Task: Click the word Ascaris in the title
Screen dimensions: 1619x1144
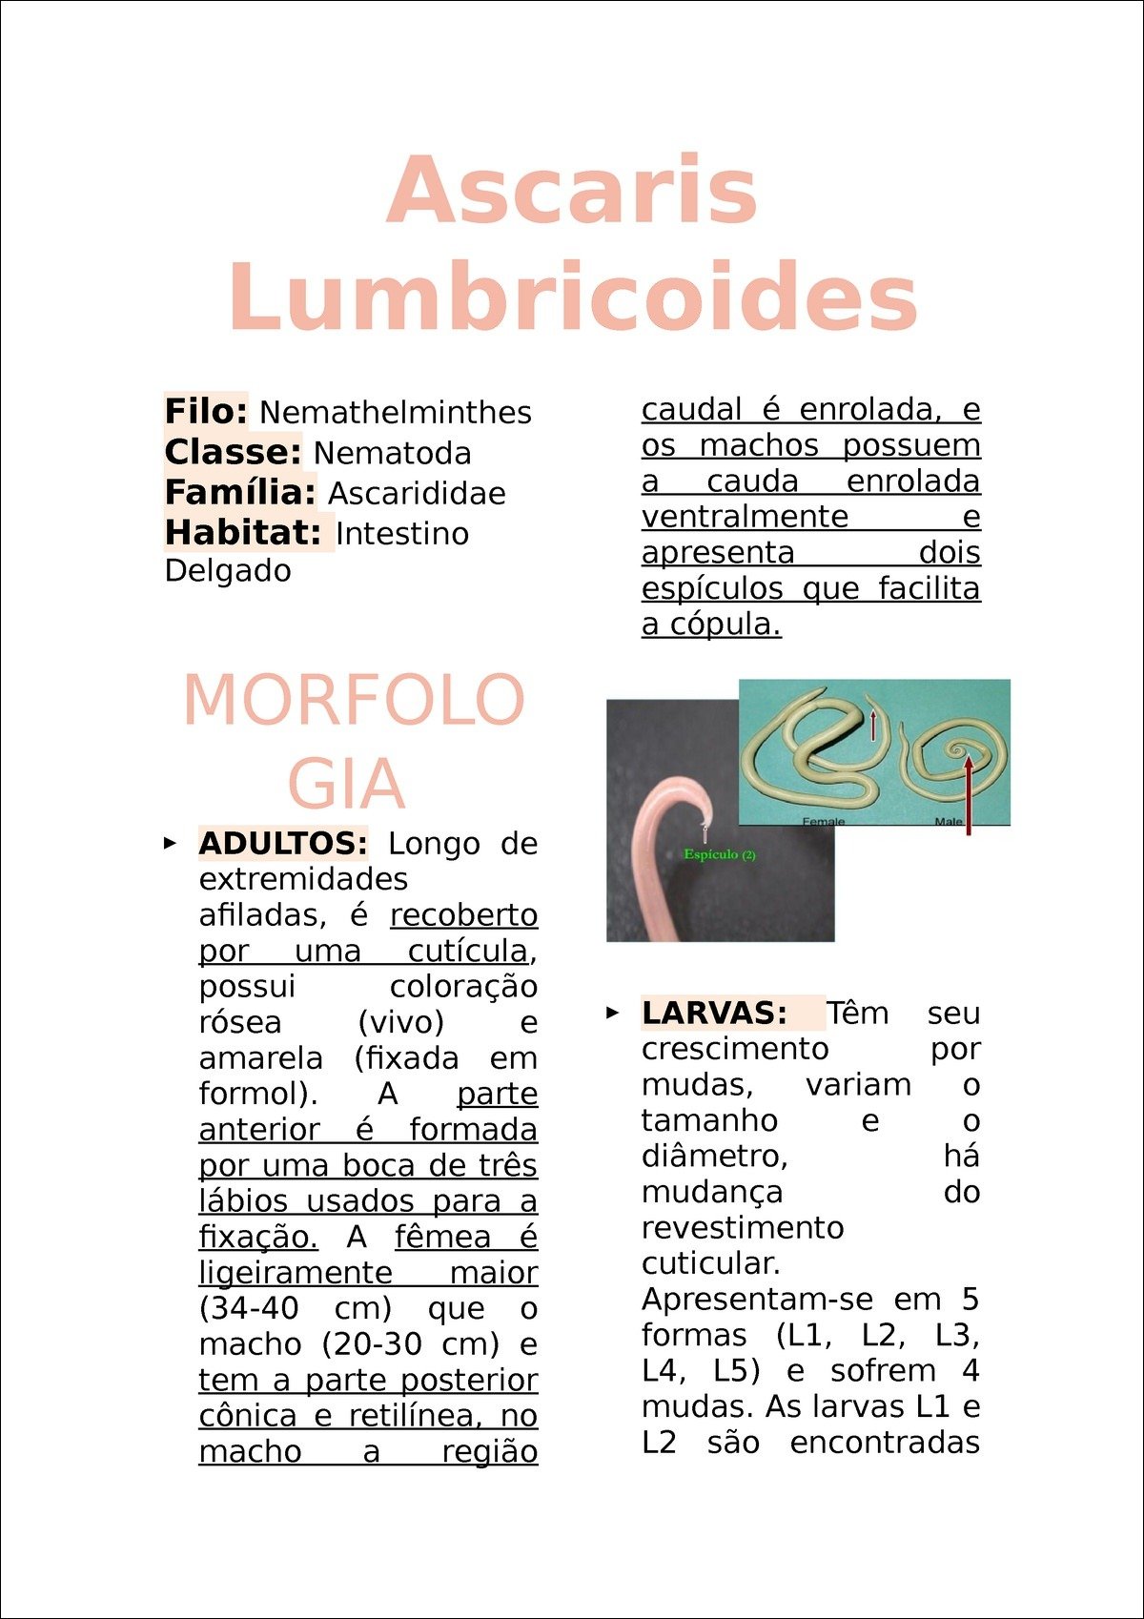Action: tap(572, 189)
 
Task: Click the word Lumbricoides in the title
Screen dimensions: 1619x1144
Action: tap(573, 297)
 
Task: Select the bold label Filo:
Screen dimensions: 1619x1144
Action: tap(206, 412)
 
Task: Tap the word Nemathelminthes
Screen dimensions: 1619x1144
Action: tap(396, 413)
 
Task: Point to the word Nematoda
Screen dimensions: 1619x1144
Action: tap(392, 453)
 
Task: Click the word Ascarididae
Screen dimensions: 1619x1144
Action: tap(417, 493)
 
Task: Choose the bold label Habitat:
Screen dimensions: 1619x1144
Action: tap(243, 533)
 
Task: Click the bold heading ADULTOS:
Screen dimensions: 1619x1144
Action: tap(283, 843)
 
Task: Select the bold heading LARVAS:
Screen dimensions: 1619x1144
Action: tap(714, 1013)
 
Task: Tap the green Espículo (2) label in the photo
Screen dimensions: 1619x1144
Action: tap(720, 854)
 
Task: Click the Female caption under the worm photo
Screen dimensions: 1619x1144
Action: tap(824, 821)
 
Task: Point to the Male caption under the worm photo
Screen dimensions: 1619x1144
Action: tap(948, 821)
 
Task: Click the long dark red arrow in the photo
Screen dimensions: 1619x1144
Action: tap(969, 796)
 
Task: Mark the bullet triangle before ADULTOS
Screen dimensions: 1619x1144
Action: tap(170, 843)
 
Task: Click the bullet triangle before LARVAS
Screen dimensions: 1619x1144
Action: tap(613, 1013)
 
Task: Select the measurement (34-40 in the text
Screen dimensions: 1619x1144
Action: tap(249, 1308)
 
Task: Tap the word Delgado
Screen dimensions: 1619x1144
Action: tap(228, 571)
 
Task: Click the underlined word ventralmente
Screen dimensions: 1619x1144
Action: tap(745, 517)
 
